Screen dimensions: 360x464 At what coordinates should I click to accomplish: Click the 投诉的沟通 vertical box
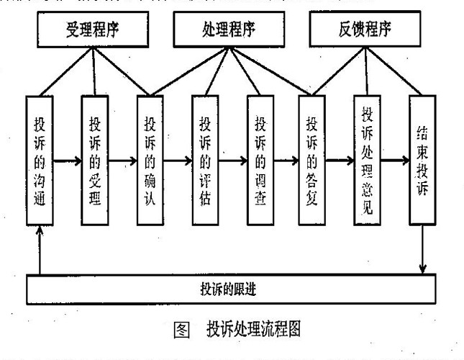40,161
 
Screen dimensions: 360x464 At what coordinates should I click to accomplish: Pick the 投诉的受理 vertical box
94,161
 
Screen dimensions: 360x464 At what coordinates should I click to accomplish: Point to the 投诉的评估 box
205,161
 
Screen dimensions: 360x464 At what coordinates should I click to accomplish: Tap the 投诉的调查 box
260,161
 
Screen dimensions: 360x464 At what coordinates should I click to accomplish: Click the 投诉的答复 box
314,161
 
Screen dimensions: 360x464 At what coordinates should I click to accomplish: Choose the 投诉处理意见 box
368,159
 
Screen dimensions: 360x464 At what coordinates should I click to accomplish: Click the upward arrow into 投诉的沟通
41,248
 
